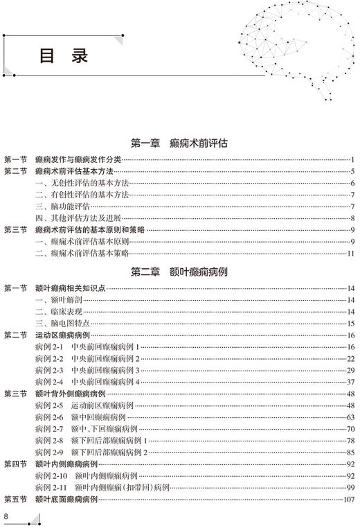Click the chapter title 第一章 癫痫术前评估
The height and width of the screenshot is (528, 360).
(179, 143)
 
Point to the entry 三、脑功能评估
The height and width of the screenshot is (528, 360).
(63, 206)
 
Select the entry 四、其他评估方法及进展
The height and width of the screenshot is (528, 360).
(78, 218)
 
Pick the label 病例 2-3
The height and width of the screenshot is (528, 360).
(49, 371)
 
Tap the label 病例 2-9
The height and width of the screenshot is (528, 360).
(49, 452)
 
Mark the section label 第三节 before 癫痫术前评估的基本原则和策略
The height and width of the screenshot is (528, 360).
(15, 230)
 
